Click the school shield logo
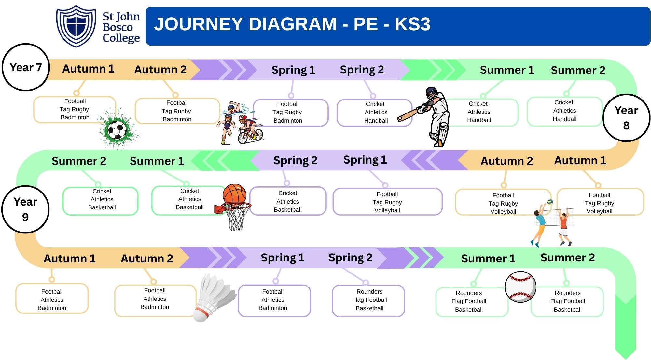(x=76, y=26)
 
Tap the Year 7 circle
(x=26, y=67)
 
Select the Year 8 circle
(x=626, y=118)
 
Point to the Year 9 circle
(x=25, y=209)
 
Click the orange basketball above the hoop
(x=234, y=194)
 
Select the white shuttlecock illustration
(x=213, y=298)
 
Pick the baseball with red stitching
(x=520, y=287)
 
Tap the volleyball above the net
(x=550, y=202)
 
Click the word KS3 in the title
(x=412, y=24)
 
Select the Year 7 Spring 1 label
(x=293, y=70)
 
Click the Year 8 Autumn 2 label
(x=506, y=161)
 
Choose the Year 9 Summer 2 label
(x=567, y=258)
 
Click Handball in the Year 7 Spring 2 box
(x=376, y=120)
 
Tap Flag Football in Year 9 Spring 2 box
(x=369, y=300)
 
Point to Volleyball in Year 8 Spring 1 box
(x=387, y=210)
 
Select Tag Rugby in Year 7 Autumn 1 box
(x=74, y=109)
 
